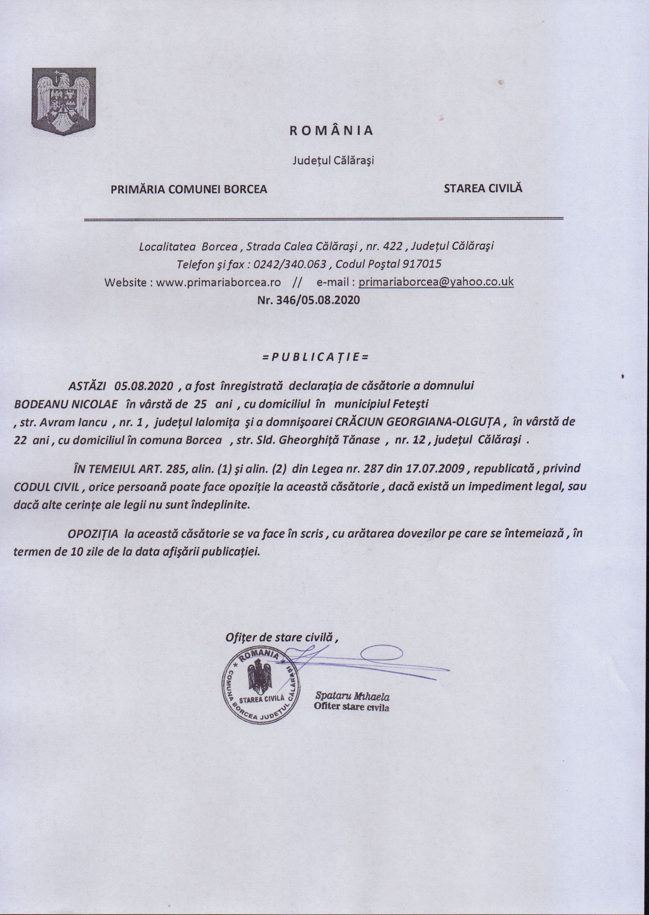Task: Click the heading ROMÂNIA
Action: click(x=331, y=131)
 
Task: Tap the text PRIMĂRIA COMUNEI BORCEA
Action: click(x=189, y=189)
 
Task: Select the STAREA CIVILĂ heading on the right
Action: click(x=483, y=188)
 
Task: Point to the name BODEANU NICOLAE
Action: click(x=66, y=404)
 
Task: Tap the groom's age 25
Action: click(x=200, y=404)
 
